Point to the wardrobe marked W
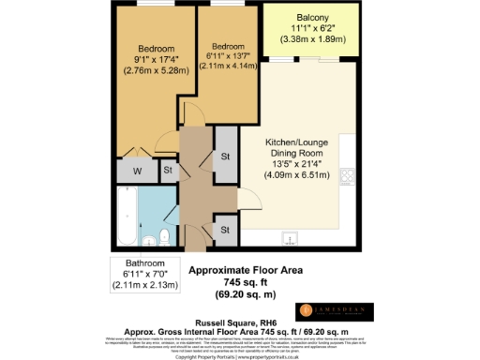click(x=136, y=171)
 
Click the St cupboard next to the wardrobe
click(x=168, y=171)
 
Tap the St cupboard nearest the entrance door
click(x=226, y=228)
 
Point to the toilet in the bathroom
click(x=164, y=234)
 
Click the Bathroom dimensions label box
click(x=146, y=274)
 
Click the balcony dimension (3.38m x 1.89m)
click(x=310, y=41)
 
